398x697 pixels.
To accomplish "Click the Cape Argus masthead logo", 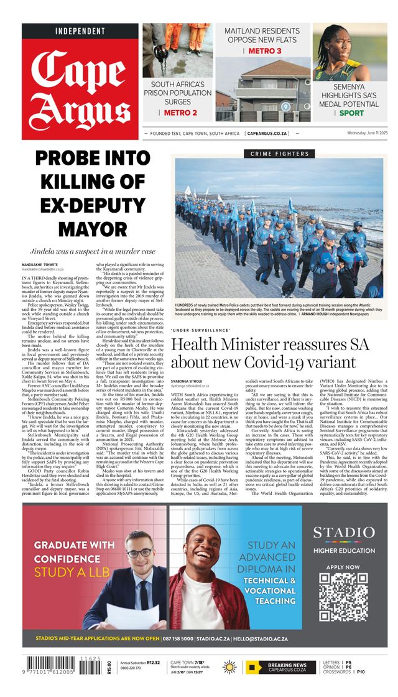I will pyautogui.click(x=81, y=87).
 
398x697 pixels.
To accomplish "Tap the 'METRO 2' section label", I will pyautogui.click(x=180, y=113).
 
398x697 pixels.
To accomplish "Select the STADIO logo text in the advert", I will pyautogui.click(x=343, y=533).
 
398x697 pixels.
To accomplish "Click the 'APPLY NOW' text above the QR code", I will pyautogui.click(x=343, y=567).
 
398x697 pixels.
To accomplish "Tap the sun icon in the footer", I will pyautogui.click(x=229, y=667).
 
